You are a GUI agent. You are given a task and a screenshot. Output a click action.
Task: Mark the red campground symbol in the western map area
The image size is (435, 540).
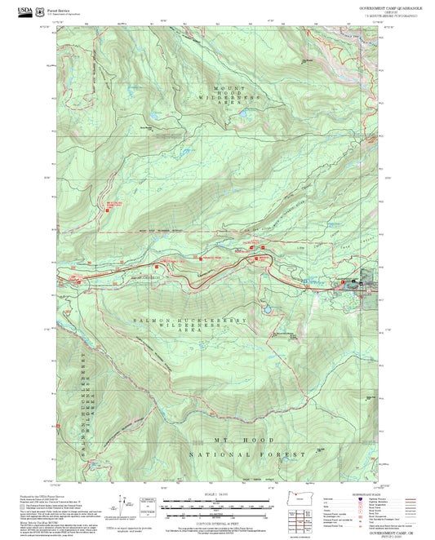click(x=106, y=210)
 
